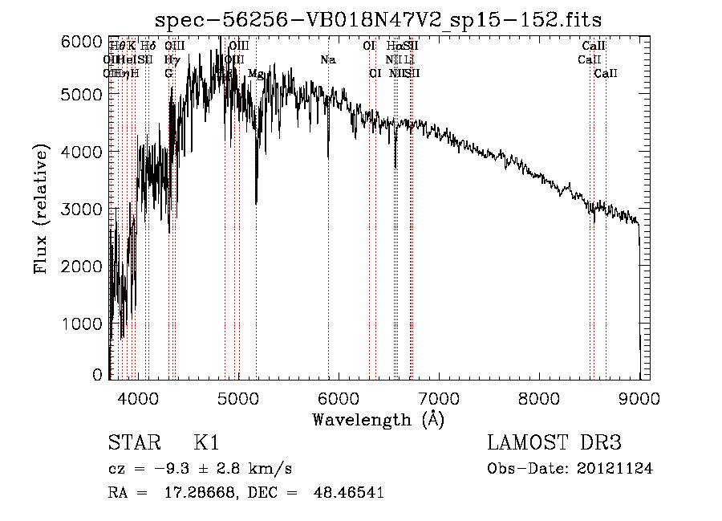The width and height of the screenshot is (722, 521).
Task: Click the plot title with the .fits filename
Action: click(x=379, y=18)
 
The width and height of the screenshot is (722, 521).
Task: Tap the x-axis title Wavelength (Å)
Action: click(x=379, y=419)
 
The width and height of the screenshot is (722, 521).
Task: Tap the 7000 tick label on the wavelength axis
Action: click(x=439, y=397)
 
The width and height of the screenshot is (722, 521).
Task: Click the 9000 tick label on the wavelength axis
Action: click(x=639, y=397)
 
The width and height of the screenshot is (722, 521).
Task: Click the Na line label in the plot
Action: click(x=327, y=60)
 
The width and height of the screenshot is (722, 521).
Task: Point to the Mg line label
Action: click(x=256, y=74)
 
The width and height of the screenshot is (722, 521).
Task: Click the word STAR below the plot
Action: click(x=131, y=444)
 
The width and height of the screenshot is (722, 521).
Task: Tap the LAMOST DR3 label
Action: click(x=554, y=444)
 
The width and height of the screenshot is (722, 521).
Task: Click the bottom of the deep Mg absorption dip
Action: click(x=256, y=204)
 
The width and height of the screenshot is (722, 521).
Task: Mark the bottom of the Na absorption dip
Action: click(x=328, y=160)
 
